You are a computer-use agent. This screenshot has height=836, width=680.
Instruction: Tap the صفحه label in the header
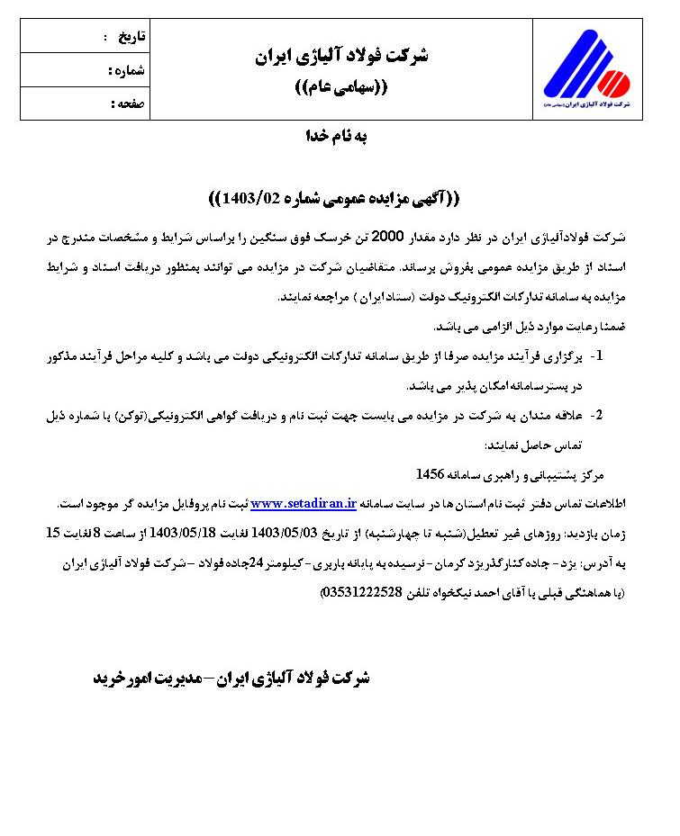131,103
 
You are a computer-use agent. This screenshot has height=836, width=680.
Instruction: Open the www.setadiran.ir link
304,502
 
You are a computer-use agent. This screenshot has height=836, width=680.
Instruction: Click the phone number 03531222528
365,592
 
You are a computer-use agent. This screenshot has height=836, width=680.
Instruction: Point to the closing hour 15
53,532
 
